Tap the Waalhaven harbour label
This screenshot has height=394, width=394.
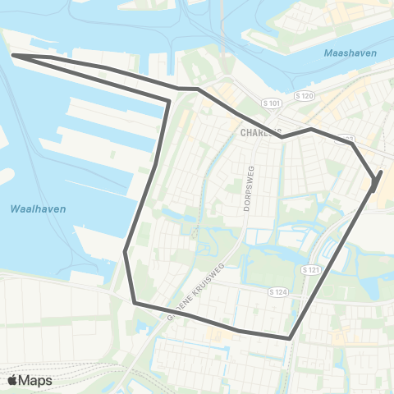[x=39, y=209]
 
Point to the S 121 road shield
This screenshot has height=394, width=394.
[x=309, y=269]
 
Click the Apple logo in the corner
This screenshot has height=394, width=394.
[x=12, y=380]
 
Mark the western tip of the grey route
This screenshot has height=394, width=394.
[x=12, y=56]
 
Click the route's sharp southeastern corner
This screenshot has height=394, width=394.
[x=291, y=337]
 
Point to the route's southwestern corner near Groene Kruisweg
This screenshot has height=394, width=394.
[x=135, y=303]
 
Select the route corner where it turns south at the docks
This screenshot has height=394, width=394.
[x=169, y=102]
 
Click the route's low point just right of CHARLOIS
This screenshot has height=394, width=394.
[x=282, y=137]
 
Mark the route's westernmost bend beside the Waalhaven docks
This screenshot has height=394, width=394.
[x=125, y=252]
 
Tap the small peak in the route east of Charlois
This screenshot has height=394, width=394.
[x=310, y=129]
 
